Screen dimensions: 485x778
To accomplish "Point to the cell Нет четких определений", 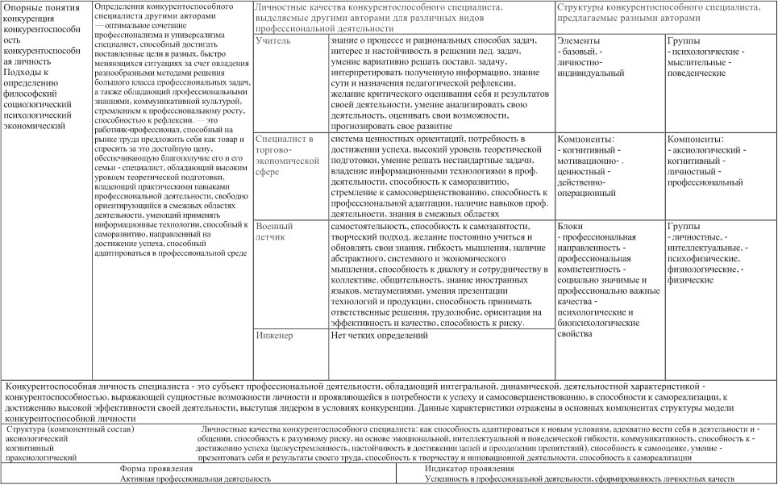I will point(380,335).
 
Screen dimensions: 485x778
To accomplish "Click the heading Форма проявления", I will point(156,468).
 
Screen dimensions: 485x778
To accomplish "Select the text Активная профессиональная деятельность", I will point(196,479).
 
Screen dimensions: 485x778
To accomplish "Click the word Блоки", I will point(570,227).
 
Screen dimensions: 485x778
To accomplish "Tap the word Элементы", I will point(579,40).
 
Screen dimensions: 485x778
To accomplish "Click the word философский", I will point(31,94).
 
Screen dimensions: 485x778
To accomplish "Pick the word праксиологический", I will point(41,458).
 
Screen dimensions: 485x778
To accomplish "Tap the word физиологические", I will point(697,269).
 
